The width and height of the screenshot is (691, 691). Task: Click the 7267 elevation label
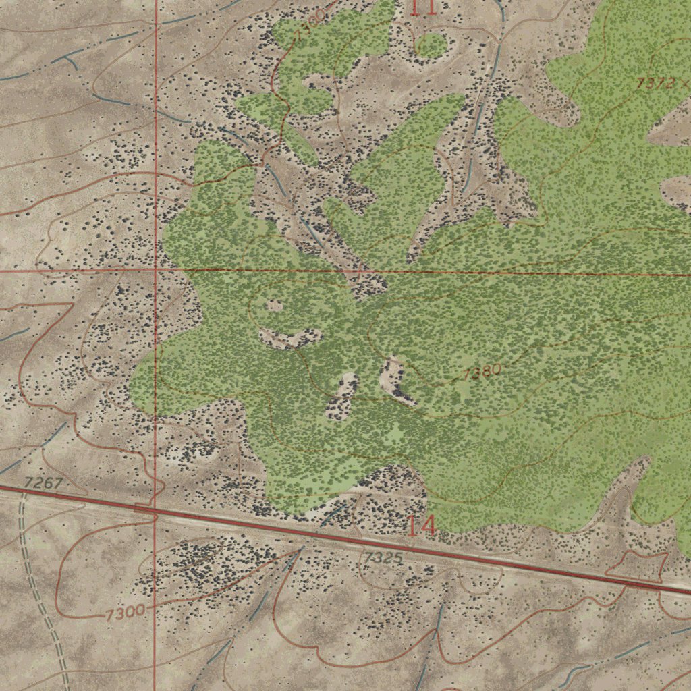pyautogui.click(x=43, y=483)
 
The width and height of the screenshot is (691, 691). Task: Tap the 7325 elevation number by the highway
pyautogui.click(x=383, y=558)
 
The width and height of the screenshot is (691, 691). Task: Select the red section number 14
pyautogui.click(x=421, y=526)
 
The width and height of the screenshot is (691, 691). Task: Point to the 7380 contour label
pyautogui.click(x=482, y=372)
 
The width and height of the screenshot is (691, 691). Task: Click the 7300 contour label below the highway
pyautogui.click(x=125, y=613)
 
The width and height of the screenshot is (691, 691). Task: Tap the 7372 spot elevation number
pyautogui.click(x=654, y=84)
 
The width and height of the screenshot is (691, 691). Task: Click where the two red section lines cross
pyautogui.click(x=156, y=270)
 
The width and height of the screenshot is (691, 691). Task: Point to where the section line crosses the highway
pyautogui.click(x=155, y=516)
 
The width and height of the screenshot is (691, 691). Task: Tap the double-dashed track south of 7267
pyautogui.click(x=40, y=594)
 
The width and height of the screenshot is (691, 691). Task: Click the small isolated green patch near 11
pyautogui.click(x=431, y=45)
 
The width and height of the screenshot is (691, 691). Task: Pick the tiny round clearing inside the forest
pyautogui.click(x=274, y=306)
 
